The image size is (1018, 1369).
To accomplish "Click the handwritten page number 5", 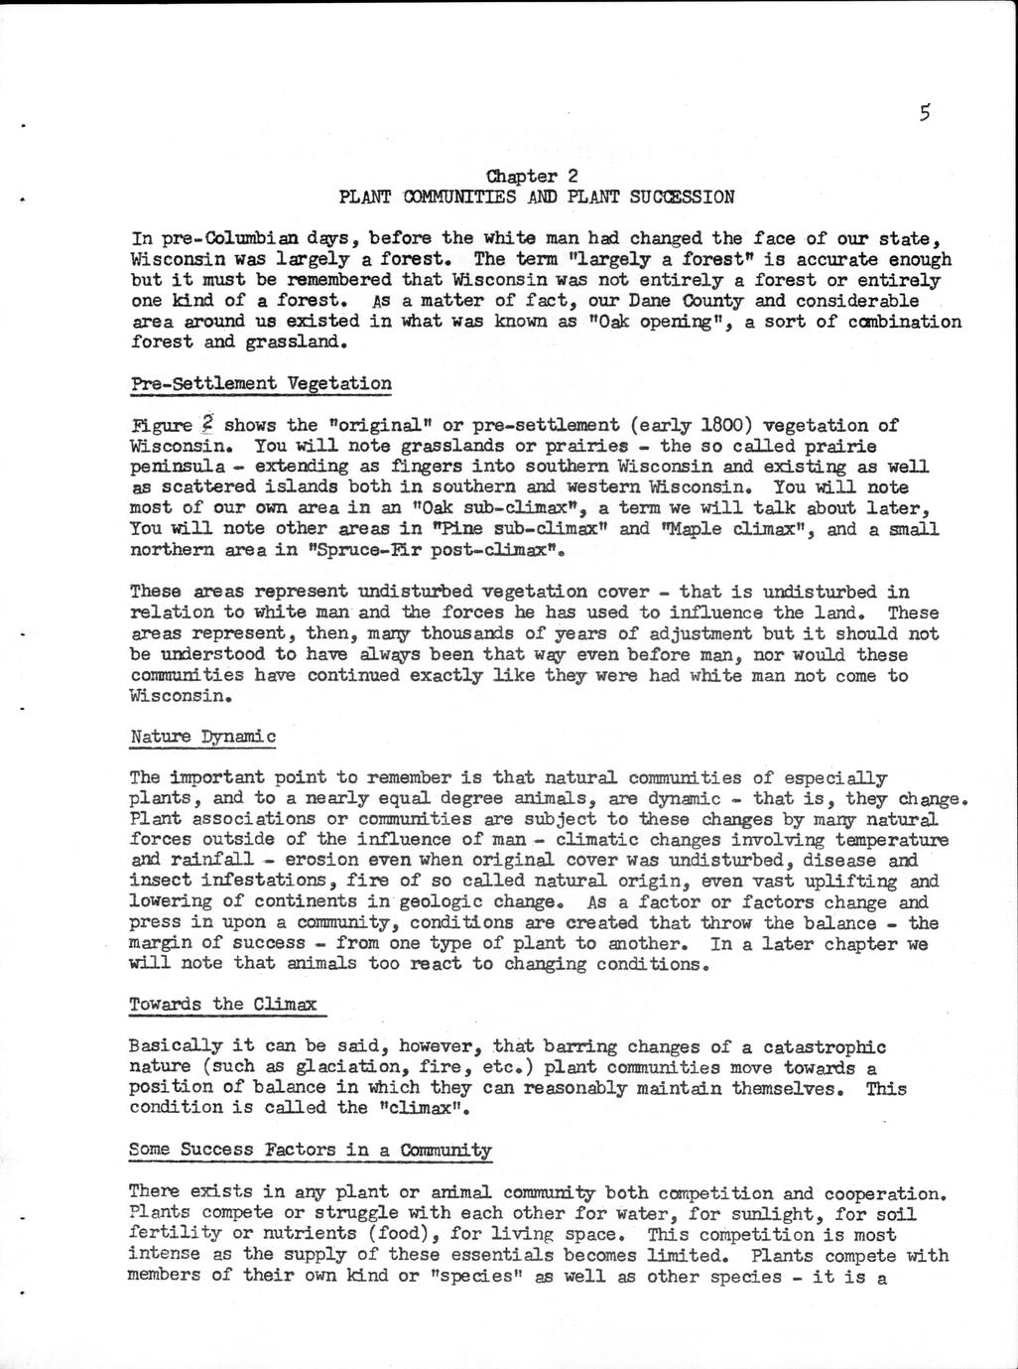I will pyautogui.click(x=924, y=112).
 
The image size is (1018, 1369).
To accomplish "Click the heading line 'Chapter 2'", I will pyautogui.click(x=538, y=176).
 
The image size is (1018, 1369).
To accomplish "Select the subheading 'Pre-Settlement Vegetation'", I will pyautogui.click(x=261, y=384).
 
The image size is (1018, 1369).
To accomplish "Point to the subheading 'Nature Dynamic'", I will pyautogui.click(x=202, y=737).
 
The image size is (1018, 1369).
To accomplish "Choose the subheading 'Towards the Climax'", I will pyautogui.click(x=223, y=1005).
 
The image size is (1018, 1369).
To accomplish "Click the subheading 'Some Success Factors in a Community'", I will pyautogui.click(x=311, y=1151).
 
